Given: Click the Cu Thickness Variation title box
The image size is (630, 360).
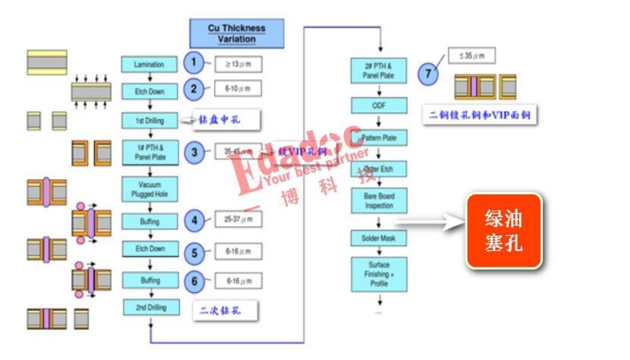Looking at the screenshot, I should point(236,33).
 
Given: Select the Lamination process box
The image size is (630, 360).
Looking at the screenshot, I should point(149,65).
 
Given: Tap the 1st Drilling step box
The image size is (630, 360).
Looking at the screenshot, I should point(149,120).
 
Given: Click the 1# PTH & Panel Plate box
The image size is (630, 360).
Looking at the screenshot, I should point(149,152).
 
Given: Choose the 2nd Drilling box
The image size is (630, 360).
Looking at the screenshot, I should point(149,308).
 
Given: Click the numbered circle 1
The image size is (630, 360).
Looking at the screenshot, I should point(194,62).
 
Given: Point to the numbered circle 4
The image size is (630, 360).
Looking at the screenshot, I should point(194,222).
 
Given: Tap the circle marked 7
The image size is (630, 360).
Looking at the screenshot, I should point(428,74).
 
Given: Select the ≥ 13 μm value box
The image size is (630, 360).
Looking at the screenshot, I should point(238,63).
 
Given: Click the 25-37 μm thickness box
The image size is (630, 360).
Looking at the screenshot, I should point(238,220).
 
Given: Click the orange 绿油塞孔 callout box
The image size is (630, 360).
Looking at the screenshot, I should point(503,231).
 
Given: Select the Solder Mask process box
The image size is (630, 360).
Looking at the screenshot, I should point(379,238).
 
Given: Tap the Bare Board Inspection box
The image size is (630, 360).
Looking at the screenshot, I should point(379,201).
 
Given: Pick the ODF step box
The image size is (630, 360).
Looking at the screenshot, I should point(379,106).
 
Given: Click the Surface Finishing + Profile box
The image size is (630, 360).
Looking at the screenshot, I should point(379,274).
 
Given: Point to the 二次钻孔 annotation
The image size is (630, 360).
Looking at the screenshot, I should point(226,310).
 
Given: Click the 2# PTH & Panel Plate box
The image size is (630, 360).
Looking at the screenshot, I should point(379,71).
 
